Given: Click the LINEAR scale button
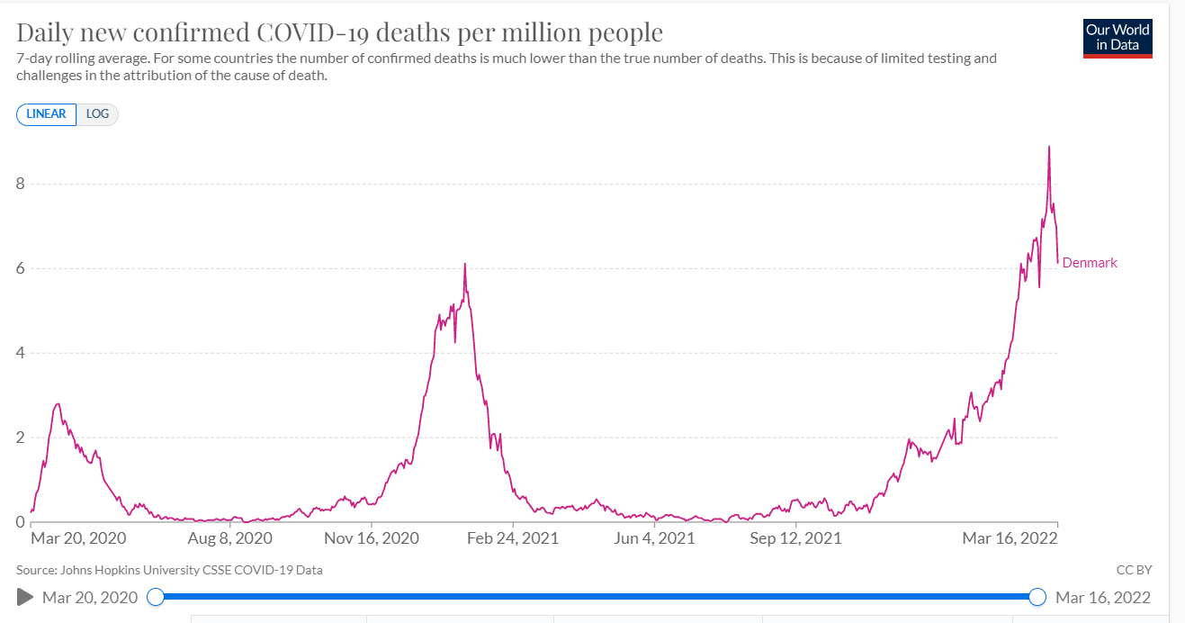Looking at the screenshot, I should [x=46, y=114].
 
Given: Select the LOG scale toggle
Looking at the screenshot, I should [x=97, y=114].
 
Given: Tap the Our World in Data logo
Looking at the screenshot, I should [x=1118, y=38].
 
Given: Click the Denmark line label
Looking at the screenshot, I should [x=1089, y=263].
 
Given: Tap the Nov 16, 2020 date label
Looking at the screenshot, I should [x=372, y=538].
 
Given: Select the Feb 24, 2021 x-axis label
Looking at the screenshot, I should [x=512, y=538].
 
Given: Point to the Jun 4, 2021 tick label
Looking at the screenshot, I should [x=654, y=538].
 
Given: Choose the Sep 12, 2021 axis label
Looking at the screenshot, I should [x=795, y=538].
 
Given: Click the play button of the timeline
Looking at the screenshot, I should [x=25, y=597].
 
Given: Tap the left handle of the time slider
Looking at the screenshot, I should [x=156, y=597].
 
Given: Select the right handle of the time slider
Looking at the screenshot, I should [x=1037, y=597].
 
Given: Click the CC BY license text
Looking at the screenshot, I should [x=1133, y=570].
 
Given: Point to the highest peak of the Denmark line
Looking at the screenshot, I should [x=1049, y=147].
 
